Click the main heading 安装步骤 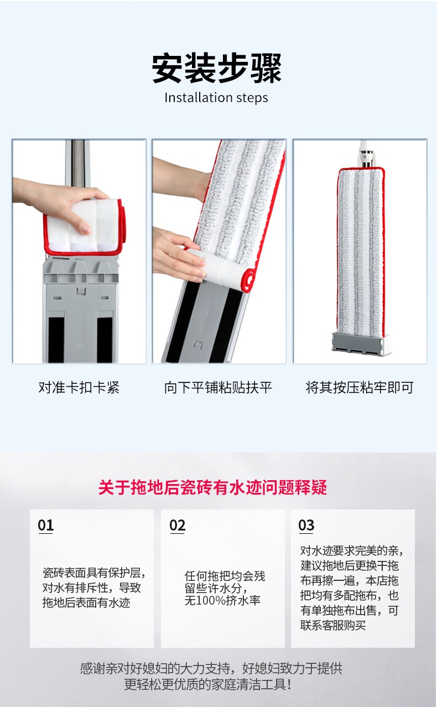pyautogui.click(x=216, y=68)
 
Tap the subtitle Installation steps pyautogui.click(x=216, y=97)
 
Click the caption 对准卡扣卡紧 pyautogui.click(x=79, y=387)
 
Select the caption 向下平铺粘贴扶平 pyautogui.click(x=218, y=387)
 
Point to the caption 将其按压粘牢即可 pyautogui.click(x=360, y=387)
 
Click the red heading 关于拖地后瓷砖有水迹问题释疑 pyautogui.click(x=212, y=487)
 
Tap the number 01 pyautogui.click(x=46, y=526)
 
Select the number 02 pyautogui.click(x=178, y=526)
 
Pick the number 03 pyautogui.click(x=306, y=526)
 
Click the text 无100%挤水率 pyautogui.click(x=222, y=600)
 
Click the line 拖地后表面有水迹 pyautogui.click(x=86, y=602)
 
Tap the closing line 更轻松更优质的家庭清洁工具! pyautogui.click(x=207, y=684)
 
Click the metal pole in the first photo pyautogui.click(x=77, y=164)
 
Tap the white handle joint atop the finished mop pyautogui.click(x=367, y=154)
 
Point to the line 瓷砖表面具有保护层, pyautogui.click(x=94, y=572)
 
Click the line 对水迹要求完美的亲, pyautogui.click(x=351, y=550)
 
